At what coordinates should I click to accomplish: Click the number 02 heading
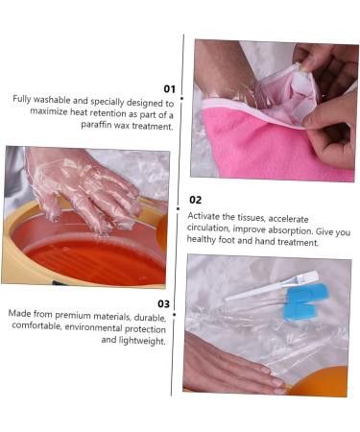coord(195,200)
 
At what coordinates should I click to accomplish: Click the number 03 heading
coord(163,303)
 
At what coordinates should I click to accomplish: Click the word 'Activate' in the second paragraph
coord(208,217)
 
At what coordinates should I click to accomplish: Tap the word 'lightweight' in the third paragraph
coord(141,340)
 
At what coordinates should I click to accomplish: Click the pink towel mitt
coord(240,144)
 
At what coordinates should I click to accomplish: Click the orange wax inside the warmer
coord(91,256)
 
